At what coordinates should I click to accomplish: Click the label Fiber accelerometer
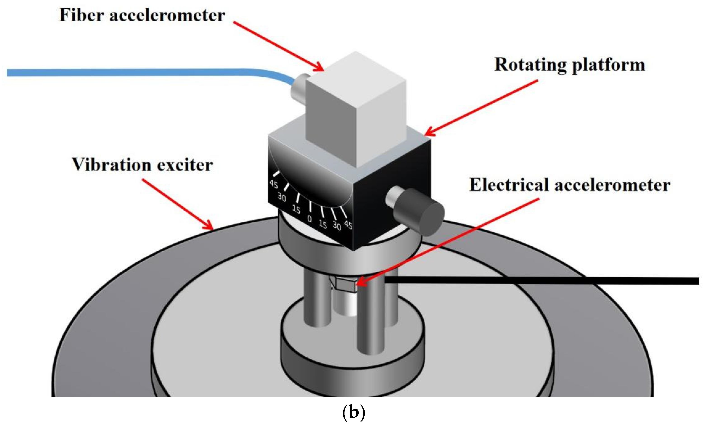(x=142, y=15)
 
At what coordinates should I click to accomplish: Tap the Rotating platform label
(x=569, y=65)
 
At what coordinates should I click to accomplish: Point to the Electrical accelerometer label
(x=569, y=185)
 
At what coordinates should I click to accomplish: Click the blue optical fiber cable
(x=143, y=72)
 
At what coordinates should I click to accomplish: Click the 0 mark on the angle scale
(x=309, y=219)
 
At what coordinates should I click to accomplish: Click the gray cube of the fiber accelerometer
(x=356, y=112)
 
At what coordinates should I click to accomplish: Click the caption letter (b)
(x=354, y=413)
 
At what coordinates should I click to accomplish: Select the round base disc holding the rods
(x=352, y=358)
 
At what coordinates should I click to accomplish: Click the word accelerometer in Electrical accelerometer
(x=612, y=185)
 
